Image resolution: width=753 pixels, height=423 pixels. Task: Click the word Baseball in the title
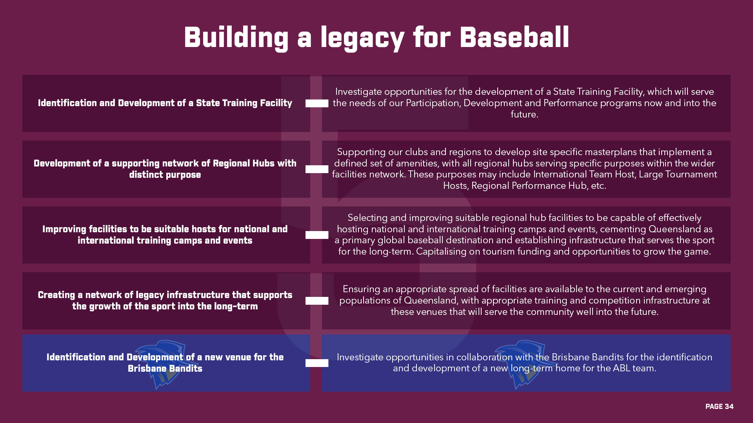click(514, 38)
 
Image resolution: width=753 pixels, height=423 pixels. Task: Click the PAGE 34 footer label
click(719, 407)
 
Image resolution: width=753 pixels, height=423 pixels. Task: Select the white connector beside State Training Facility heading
click(317, 103)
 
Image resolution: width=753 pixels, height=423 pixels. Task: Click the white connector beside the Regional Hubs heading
click(317, 169)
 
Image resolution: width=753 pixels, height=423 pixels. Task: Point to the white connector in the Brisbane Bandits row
click(317, 363)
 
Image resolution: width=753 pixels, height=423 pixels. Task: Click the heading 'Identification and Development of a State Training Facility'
click(165, 103)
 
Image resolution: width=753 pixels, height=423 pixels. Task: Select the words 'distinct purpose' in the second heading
click(165, 175)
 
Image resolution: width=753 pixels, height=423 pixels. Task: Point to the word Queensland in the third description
click(675, 229)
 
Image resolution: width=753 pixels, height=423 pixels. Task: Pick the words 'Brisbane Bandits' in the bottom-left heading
click(165, 369)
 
